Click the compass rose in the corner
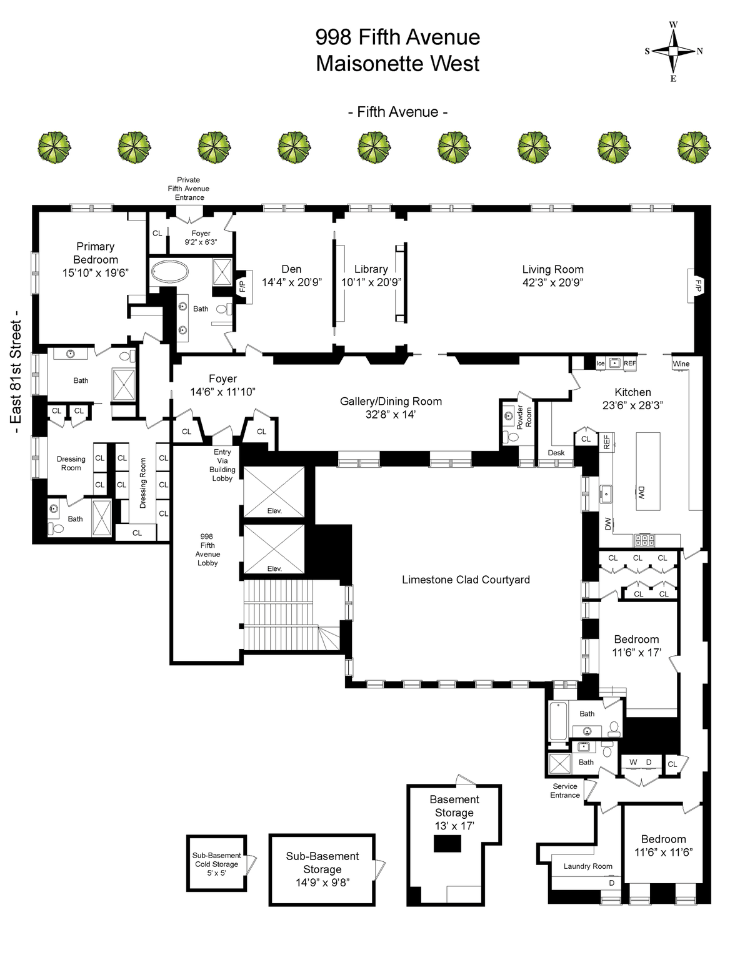(x=673, y=51)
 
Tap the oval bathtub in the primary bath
(x=169, y=272)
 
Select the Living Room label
(x=553, y=269)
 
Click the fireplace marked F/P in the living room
(x=697, y=285)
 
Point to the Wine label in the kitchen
(x=681, y=364)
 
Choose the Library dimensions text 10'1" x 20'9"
(x=371, y=282)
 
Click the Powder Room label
(x=524, y=417)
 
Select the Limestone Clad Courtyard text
(x=466, y=580)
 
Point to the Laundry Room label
(x=588, y=866)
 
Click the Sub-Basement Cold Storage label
(x=217, y=864)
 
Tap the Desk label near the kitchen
(x=556, y=453)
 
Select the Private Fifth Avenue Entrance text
(x=189, y=189)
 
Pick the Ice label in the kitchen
(x=601, y=364)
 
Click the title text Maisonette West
(x=397, y=63)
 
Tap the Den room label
(x=291, y=269)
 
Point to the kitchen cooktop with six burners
(x=644, y=540)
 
